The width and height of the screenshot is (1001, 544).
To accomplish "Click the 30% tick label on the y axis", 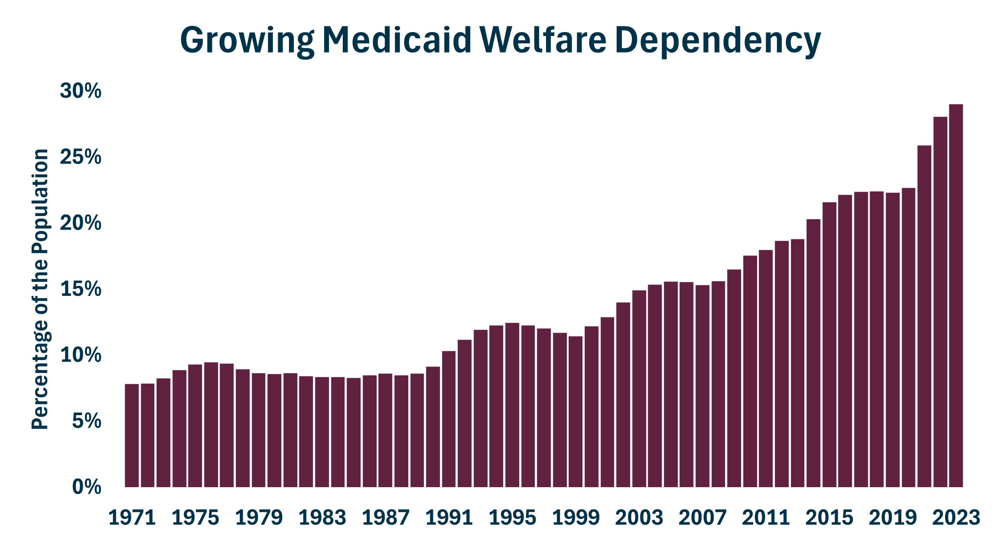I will tap(81, 91).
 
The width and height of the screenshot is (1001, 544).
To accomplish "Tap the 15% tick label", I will tap(81, 289).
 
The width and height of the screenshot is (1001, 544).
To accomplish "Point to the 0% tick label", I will tap(87, 487).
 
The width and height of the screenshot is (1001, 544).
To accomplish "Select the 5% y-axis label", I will tap(87, 421).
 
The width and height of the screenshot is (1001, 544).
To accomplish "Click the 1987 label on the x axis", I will tap(385, 518).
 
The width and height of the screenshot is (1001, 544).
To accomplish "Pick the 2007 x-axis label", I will tap(702, 518).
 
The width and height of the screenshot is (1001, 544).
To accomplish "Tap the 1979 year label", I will tap(259, 518).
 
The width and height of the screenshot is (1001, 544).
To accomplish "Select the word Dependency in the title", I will tap(718, 40).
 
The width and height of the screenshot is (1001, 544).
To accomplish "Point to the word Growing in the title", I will tap(247, 40).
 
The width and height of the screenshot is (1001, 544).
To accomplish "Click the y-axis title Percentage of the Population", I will tap(40, 289).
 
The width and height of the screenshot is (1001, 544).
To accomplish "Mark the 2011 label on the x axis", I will tap(766, 518).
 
